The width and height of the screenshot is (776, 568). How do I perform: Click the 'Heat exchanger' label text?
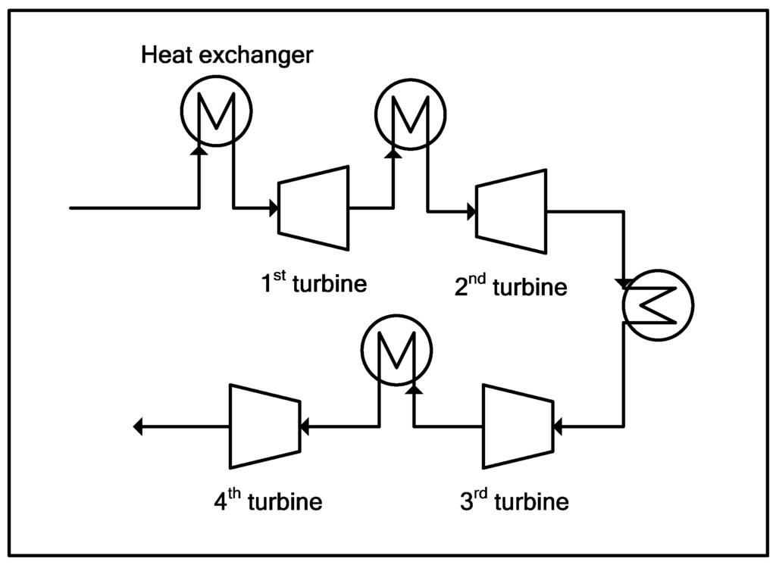(227, 56)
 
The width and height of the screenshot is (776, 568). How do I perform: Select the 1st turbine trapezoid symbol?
(314, 208)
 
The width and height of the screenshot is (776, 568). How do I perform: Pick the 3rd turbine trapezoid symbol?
(518, 426)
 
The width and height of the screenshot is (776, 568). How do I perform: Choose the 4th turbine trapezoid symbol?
(263, 426)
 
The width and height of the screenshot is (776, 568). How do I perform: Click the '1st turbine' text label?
(314, 285)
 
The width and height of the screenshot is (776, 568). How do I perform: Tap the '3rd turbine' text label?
(514, 501)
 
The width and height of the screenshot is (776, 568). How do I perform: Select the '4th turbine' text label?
(268, 501)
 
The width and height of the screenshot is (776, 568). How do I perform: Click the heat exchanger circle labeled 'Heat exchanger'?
(217, 112)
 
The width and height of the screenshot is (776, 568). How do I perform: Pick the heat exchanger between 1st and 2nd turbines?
(411, 112)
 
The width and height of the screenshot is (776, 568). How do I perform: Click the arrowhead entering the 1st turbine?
(274, 208)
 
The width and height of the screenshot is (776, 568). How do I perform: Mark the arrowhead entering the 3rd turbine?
(558, 427)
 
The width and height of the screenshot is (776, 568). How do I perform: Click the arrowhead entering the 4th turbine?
(303, 427)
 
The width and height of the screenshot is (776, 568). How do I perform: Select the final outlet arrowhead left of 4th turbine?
(138, 427)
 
